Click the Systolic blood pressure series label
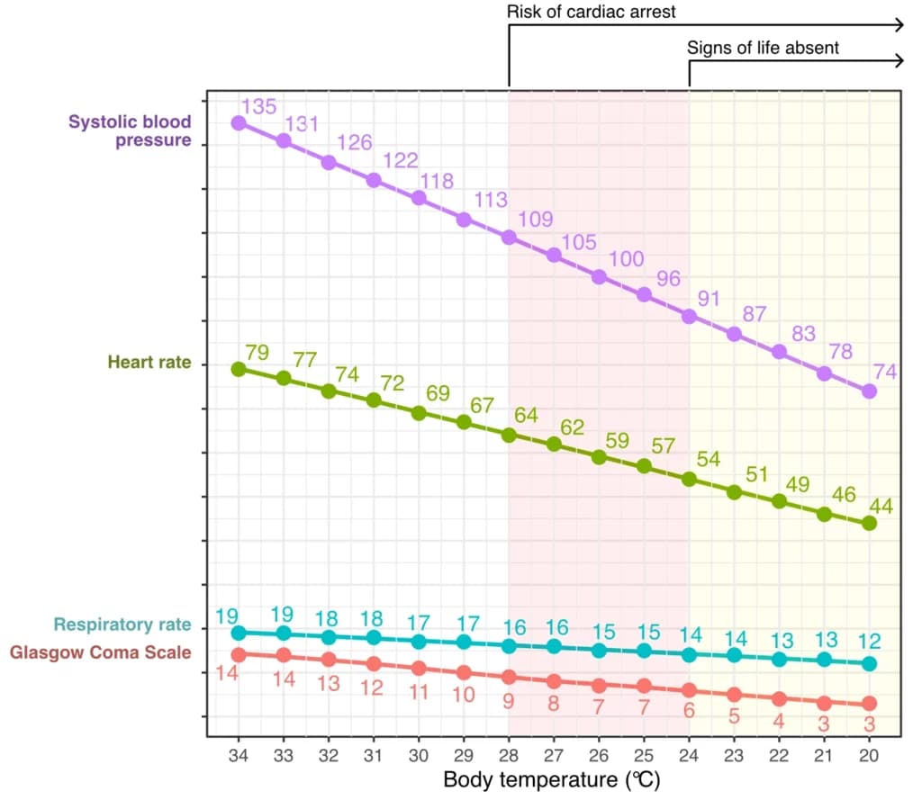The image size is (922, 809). (x=130, y=130)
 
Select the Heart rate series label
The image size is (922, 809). (x=149, y=362)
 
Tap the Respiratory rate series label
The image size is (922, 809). (x=122, y=624)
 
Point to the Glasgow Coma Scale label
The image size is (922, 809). (x=101, y=652)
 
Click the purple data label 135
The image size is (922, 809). (x=258, y=106)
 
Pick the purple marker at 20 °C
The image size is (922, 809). (x=869, y=391)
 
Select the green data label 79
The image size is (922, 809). (x=257, y=352)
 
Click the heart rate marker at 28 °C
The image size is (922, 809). (x=510, y=436)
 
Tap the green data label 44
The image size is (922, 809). (x=881, y=506)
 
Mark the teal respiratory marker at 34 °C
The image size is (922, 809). (x=239, y=633)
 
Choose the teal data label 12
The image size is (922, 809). (x=869, y=641)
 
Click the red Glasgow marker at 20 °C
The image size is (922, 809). (x=869, y=703)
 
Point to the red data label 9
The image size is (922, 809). (x=509, y=701)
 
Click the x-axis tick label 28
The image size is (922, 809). (x=509, y=756)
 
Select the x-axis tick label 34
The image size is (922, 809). (x=238, y=756)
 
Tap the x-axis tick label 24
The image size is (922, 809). (x=689, y=756)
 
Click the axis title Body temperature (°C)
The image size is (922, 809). (x=552, y=779)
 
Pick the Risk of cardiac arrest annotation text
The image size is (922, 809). (x=591, y=12)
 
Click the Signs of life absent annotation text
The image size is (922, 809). (x=763, y=48)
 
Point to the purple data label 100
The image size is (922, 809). (x=627, y=258)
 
